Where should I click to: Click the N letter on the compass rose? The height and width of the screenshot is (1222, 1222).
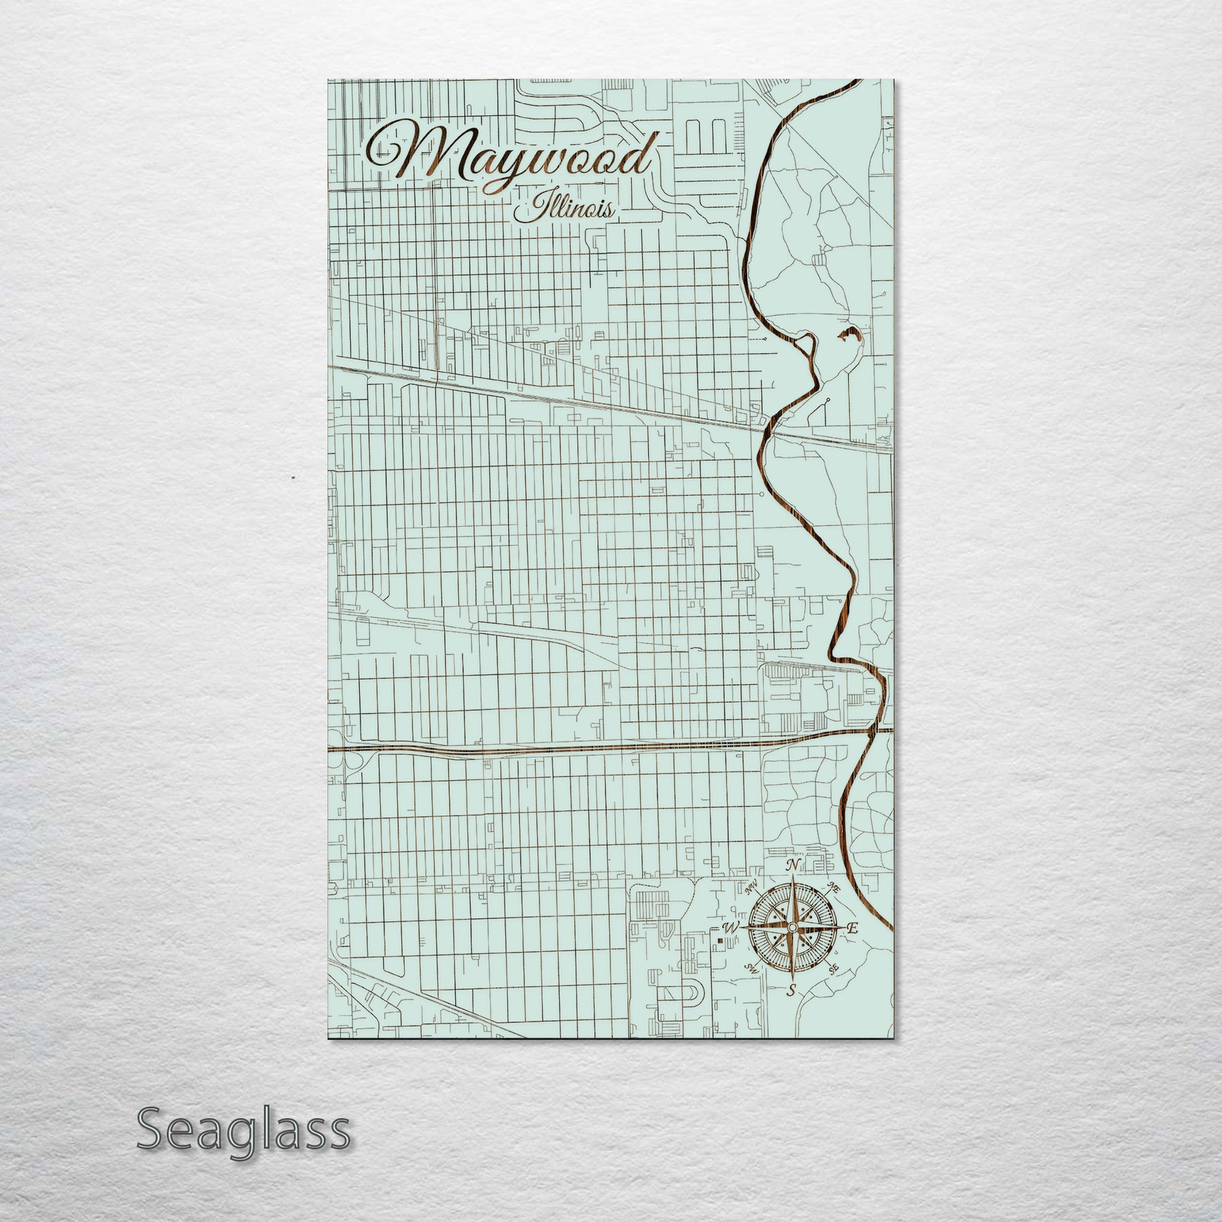point(792,865)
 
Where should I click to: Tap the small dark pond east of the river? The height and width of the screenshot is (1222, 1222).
point(849,334)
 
